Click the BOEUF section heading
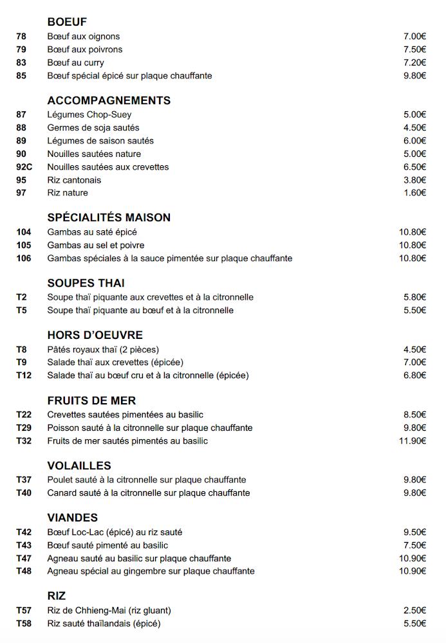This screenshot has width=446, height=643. [67, 23]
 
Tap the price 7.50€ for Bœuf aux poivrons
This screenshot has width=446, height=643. [414, 50]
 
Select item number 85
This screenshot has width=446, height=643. [21, 76]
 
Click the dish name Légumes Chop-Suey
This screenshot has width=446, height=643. [89, 114]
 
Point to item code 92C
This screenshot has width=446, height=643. [24, 167]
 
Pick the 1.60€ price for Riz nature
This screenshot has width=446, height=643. [414, 193]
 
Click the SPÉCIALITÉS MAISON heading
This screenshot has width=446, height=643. [109, 217]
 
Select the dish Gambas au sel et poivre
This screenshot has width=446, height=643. [95, 245]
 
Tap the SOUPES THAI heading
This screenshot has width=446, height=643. [86, 283]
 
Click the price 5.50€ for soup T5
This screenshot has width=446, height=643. [414, 310]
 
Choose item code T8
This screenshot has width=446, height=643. [21, 350]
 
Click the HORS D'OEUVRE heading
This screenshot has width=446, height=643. [95, 335]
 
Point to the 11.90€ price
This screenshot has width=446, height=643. [413, 441]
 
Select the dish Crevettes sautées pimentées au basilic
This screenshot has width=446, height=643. [125, 415]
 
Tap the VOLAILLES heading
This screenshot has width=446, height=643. [79, 466]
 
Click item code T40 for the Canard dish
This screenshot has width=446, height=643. [23, 493]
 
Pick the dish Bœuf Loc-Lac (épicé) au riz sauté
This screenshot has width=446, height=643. [115, 532]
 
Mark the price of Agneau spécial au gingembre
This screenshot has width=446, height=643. [413, 571]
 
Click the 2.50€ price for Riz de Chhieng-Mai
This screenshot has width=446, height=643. [414, 610]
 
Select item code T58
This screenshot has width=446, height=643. [23, 624]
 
